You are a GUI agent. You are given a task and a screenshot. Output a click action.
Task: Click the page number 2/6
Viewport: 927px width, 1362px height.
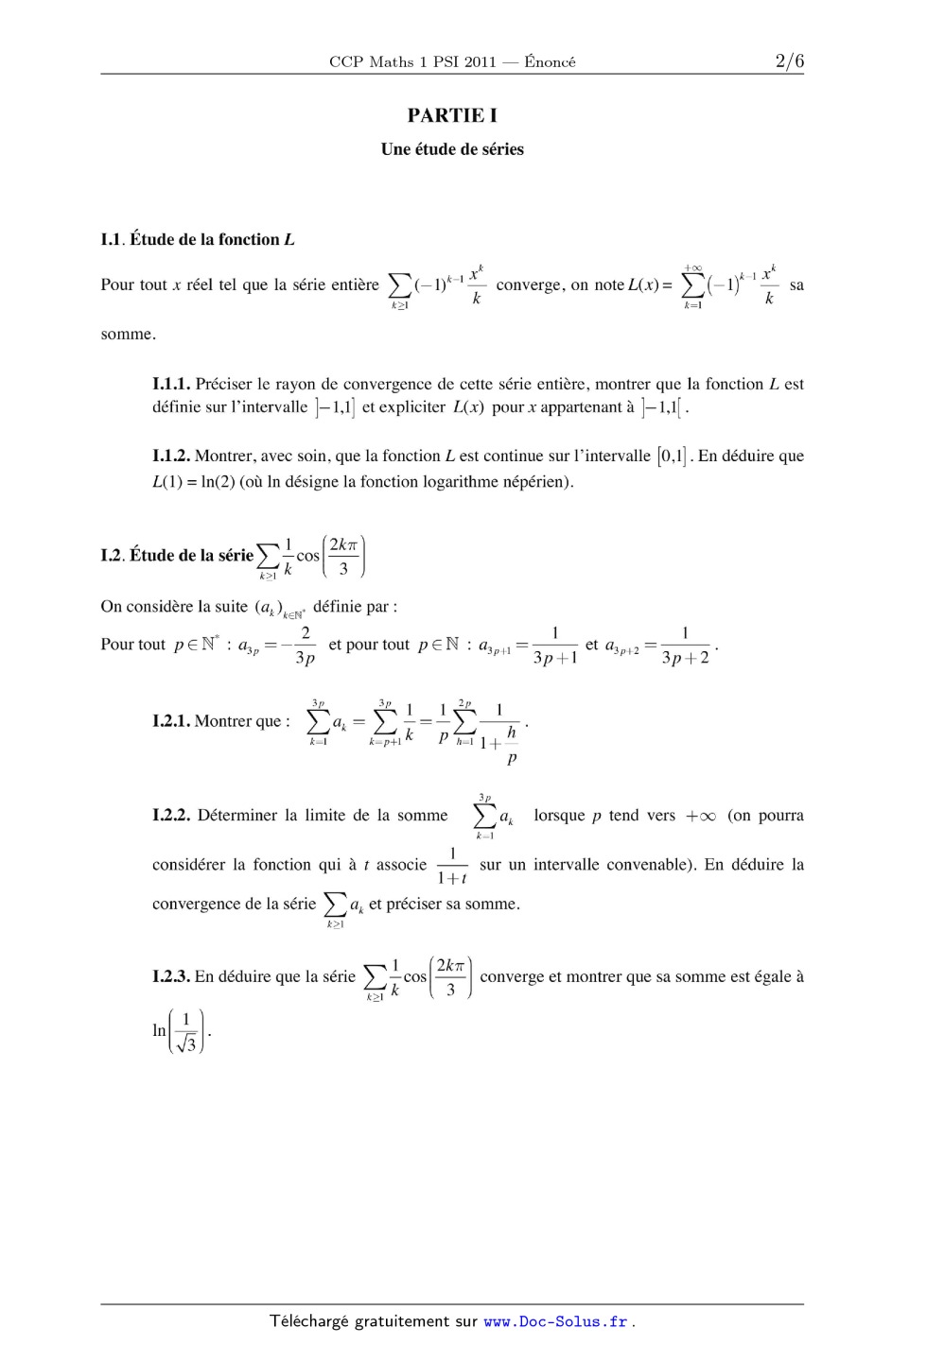(x=789, y=61)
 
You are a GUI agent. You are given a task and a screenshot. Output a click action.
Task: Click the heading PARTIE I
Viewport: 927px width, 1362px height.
(x=452, y=115)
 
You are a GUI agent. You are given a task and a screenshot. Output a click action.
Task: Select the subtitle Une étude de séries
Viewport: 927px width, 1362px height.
(x=452, y=149)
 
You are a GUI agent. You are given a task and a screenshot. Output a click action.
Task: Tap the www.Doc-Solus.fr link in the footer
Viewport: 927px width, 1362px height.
(x=555, y=1321)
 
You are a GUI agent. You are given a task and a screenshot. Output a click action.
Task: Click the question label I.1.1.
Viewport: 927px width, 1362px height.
(x=171, y=384)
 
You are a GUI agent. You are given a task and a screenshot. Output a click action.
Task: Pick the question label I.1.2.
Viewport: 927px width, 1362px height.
(x=171, y=456)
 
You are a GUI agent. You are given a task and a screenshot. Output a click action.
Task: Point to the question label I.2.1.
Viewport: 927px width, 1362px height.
(x=171, y=721)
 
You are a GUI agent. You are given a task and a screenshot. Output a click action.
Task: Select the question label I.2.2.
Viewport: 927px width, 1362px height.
(x=171, y=815)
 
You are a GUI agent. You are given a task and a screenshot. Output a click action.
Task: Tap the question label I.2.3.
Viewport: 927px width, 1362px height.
(x=171, y=976)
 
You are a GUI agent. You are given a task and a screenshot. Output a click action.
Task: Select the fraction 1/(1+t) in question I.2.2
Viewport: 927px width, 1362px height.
(x=453, y=866)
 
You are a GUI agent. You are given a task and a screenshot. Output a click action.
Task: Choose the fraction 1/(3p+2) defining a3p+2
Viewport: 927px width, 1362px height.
(x=685, y=646)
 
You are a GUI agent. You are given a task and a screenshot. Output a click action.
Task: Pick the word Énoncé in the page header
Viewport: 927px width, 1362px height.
(x=550, y=62)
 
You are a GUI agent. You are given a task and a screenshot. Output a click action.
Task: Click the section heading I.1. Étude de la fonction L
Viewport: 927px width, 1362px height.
(x=198, y=239)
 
